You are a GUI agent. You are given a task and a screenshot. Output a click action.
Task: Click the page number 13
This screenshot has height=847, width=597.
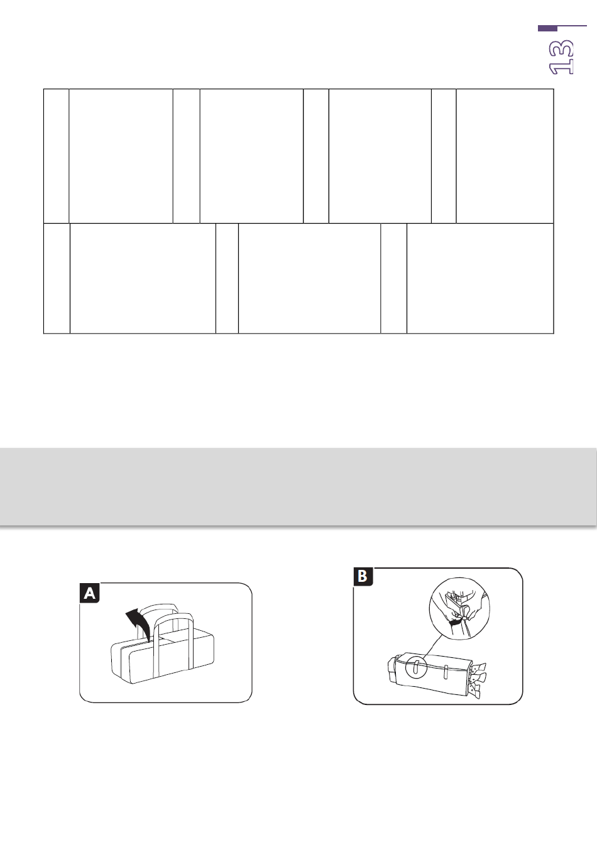click(561, 57)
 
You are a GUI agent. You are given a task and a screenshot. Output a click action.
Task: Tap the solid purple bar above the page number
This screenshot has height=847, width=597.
click(547, 28)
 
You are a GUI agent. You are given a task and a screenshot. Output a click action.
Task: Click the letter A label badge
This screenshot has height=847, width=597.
click(90, 593)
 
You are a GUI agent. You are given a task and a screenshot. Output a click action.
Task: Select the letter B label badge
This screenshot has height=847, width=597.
click(363, 576)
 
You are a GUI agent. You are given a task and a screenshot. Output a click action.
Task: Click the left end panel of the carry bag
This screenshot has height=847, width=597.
click(120, 662)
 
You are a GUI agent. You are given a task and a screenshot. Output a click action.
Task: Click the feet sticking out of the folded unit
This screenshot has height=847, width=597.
click(477, 679)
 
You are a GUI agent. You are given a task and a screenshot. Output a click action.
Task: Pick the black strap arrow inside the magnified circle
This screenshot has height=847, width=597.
click(456, 621)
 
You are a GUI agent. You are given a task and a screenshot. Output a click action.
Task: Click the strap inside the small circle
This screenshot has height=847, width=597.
click(415, 668)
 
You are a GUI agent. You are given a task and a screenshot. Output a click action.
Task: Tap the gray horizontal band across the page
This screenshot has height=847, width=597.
click(298, 486)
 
